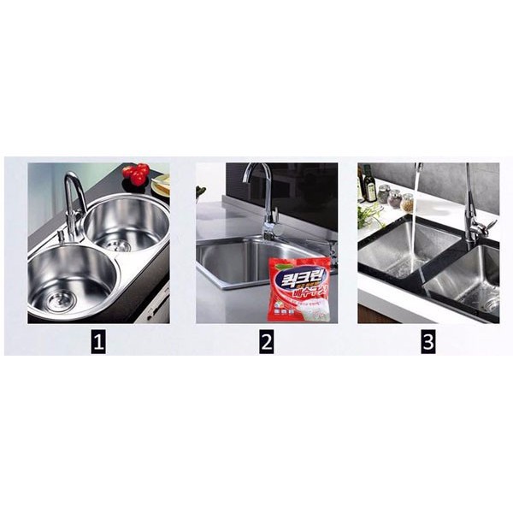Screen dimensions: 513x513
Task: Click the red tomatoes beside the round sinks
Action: click(135, 174)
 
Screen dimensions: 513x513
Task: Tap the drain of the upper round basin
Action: click(121, 245)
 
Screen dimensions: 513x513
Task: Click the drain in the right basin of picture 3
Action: click(491, 302)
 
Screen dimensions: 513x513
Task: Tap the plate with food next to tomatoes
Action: click(161, 184)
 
